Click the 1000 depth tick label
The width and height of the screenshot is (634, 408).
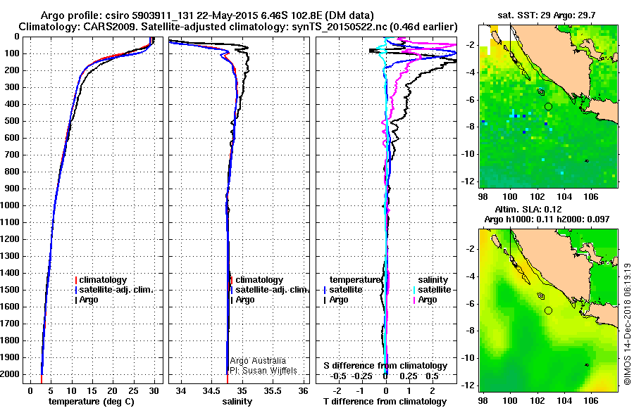pyautogui.click(x=11, y=205)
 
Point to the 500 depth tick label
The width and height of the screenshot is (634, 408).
pyautogui.click(x=13, y=121)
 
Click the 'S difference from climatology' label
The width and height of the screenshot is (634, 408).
pyautogui.click(x=385, y=366)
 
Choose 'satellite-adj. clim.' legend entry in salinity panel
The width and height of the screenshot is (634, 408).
pyautogui.click(x=271, y=290)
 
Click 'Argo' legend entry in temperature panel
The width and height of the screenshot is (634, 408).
pyautogui.click(x=89, y=300)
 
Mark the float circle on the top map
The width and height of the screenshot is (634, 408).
pyautogui.click(x=548, y=106)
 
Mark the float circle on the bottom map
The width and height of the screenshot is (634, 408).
pyautogui.click(x=548, y=310)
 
